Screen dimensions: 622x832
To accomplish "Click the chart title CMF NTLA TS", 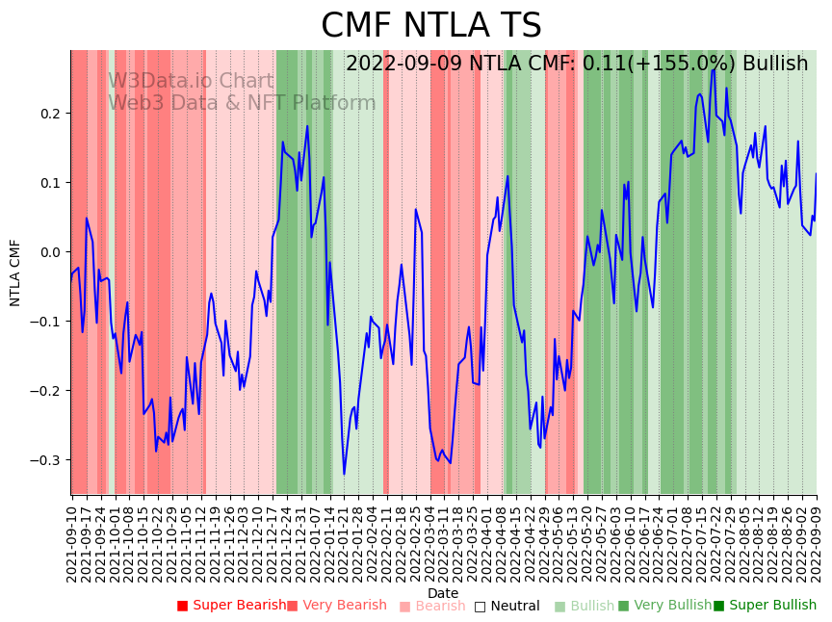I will pos(430,26).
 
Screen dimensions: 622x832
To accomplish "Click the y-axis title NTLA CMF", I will pos(15,272).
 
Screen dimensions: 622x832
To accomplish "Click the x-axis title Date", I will pos(443,593).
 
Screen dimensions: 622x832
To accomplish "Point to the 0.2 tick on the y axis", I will pos(50,114).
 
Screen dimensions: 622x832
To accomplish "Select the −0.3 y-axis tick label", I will pos(46,460).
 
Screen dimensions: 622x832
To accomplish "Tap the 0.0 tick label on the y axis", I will pos(50,252).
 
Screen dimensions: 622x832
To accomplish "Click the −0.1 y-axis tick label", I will pos(46,322).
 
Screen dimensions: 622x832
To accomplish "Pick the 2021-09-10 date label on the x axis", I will pos(71,538).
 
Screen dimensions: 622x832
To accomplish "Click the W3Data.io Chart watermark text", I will pos(190,82).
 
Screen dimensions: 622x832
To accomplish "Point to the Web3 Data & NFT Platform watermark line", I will pos(242,103).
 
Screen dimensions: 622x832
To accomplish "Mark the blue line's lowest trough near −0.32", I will pos(344,474).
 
